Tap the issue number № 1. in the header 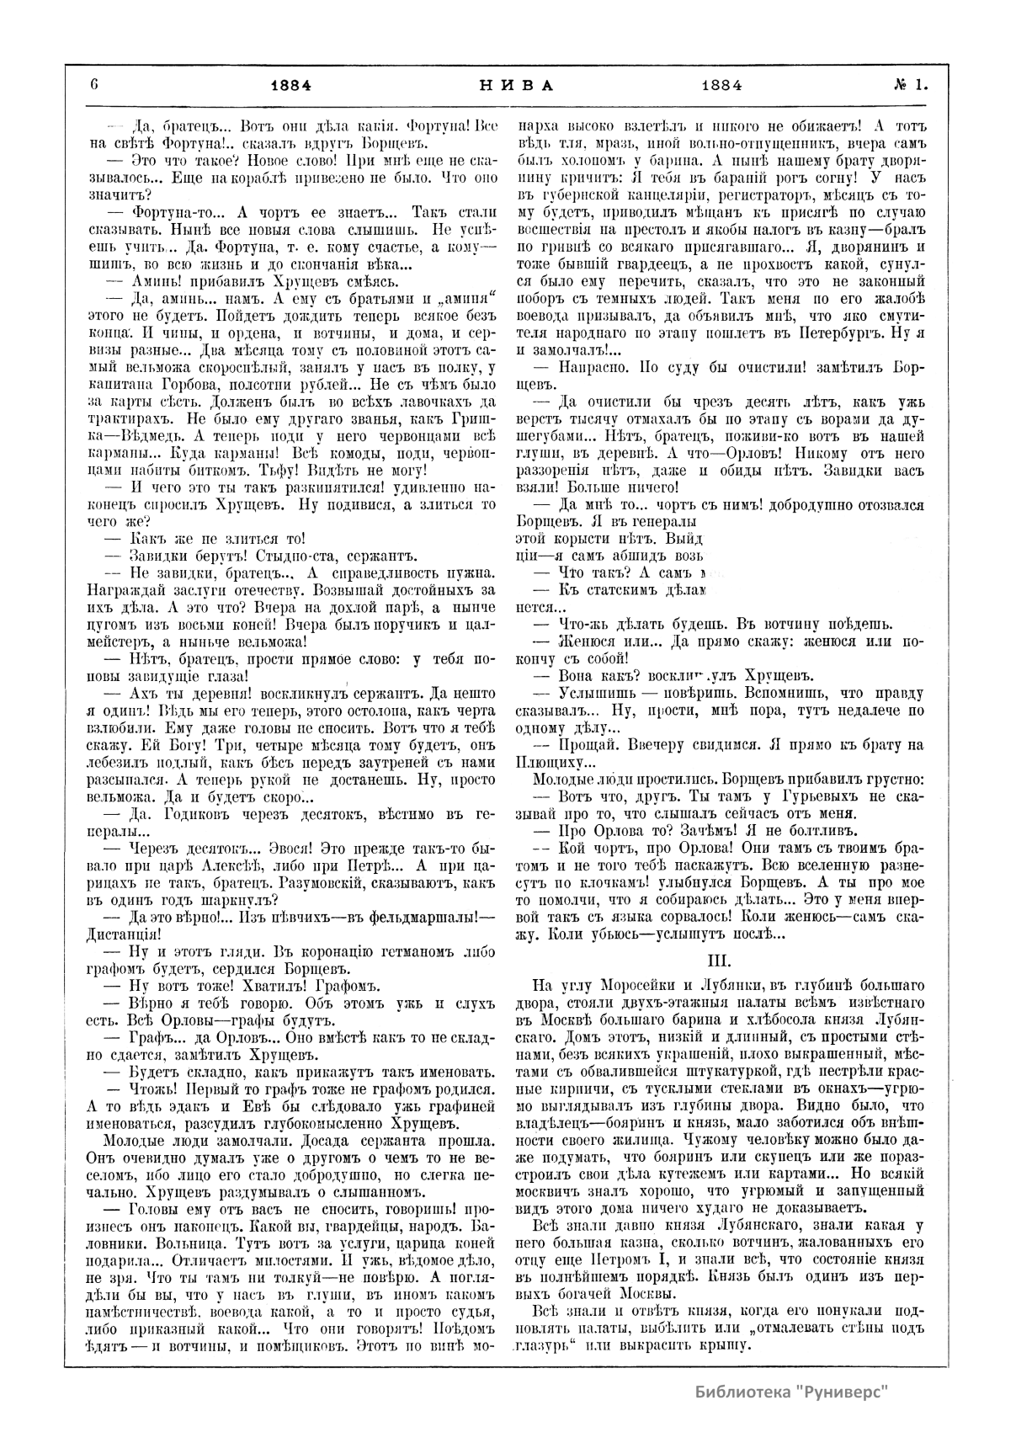tap(910, 84)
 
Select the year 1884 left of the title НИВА tap(290, 84)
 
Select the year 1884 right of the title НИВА tap(721, 84)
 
